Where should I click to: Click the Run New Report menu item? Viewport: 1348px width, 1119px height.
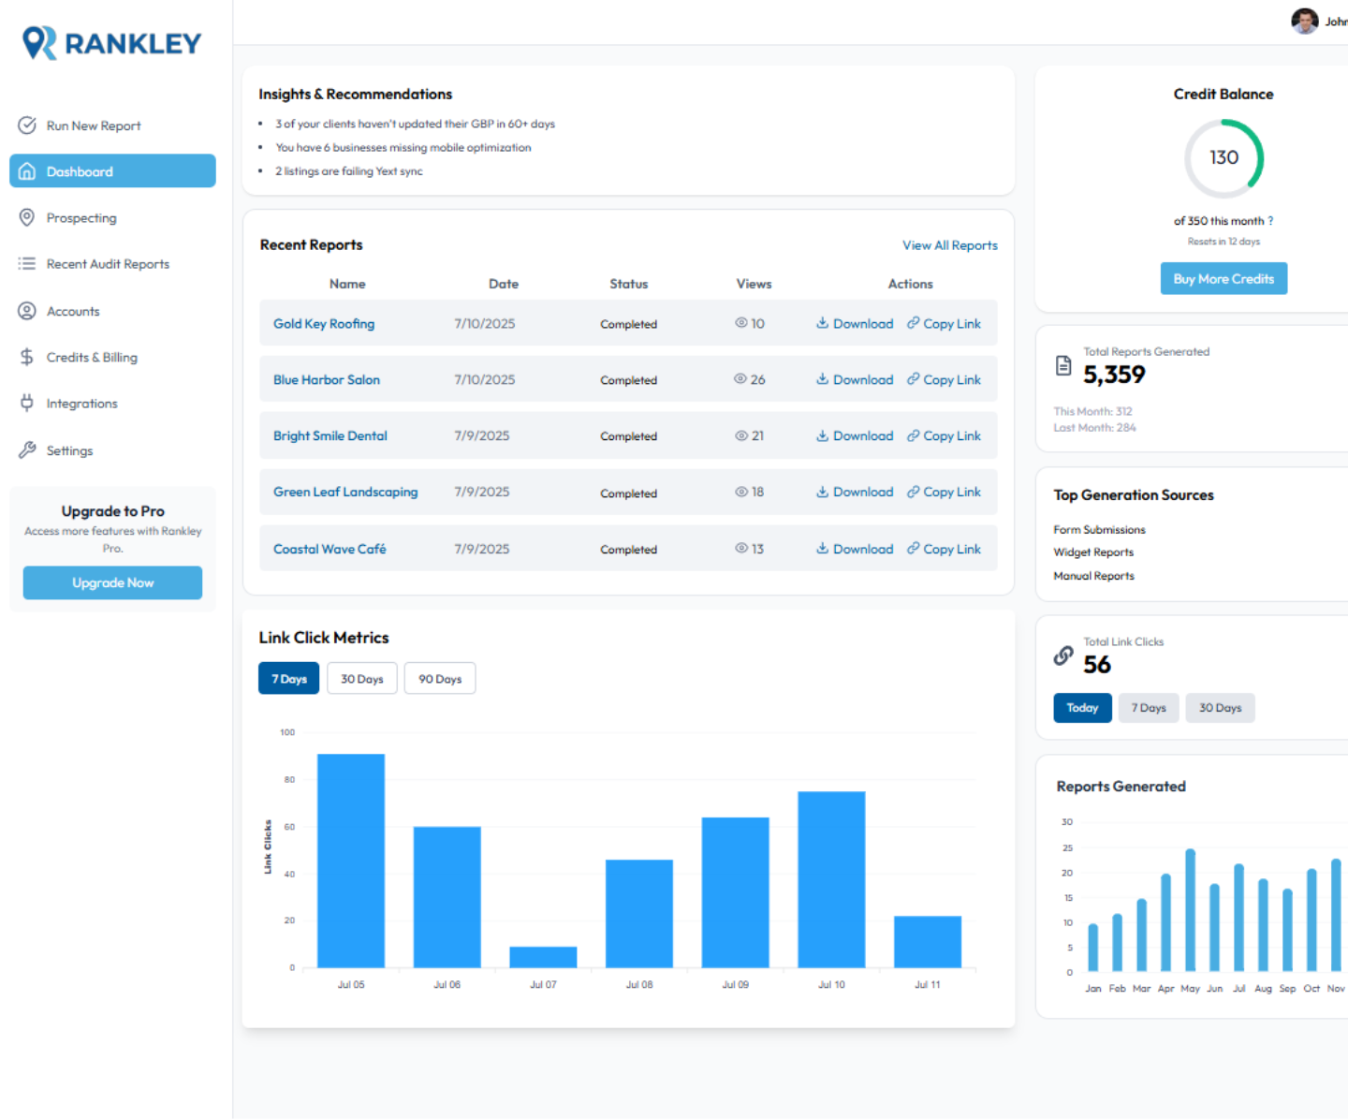click(93, 125)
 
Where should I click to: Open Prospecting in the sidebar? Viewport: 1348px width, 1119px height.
click(81, 218)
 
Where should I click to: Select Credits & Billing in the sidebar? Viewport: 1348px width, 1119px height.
click(92, 358)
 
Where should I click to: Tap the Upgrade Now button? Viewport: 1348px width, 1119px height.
click(112, 582)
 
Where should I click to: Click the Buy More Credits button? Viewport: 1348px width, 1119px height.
click(1223, 279)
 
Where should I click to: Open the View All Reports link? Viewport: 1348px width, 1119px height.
click(949, 245)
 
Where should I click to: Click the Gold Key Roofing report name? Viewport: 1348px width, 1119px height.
click(324, 324)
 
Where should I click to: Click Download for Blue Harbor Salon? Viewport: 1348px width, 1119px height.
click(855, 380)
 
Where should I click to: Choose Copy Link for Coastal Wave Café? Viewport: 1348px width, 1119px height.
click(944, 550)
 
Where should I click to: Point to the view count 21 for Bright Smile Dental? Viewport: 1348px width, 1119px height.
click(757, 436)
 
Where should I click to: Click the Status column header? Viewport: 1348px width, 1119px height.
click(628, 284)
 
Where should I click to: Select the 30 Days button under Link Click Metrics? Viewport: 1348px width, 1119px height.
click(362, 679)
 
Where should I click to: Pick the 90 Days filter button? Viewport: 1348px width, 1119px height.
click(440, 679)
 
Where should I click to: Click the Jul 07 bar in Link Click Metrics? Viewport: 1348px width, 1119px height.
click(543, 956)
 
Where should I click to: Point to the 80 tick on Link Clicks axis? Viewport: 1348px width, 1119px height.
click(289, 779)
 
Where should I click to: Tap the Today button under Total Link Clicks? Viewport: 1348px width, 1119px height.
click(1082, 708)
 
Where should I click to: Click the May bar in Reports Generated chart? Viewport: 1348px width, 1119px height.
click(1190, 909)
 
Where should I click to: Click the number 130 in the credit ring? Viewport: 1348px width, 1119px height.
click(1223, 157)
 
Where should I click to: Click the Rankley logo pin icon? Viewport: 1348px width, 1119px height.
click(39, 43)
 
